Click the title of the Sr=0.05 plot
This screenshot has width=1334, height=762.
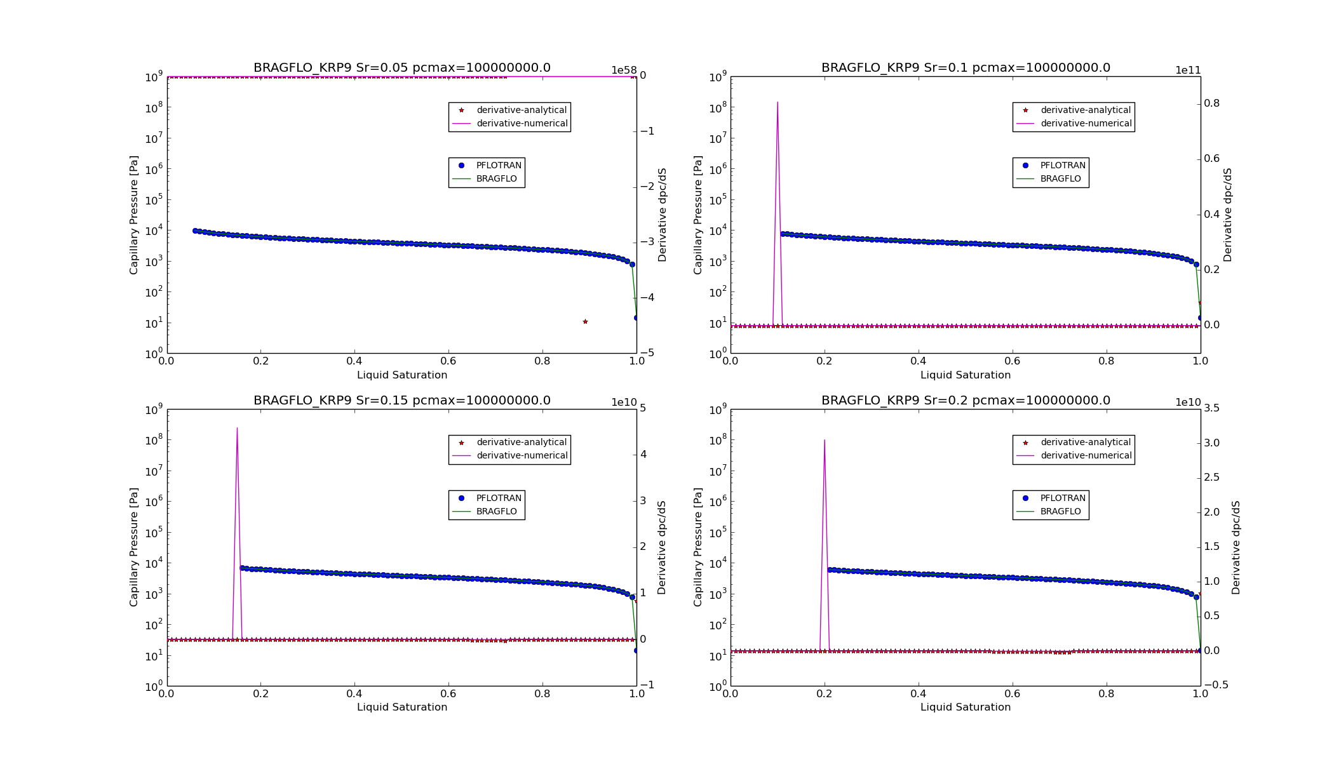(401, 68)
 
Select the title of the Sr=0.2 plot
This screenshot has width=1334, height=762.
(966, 401)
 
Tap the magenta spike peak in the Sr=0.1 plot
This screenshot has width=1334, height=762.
(778, 102)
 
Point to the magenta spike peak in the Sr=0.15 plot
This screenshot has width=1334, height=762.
(237, 428)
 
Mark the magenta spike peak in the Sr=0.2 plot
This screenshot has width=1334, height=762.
(825, 440)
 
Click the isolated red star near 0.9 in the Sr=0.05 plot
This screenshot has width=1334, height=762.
(585, 322)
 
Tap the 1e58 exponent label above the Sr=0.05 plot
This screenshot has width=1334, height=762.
(624, 70)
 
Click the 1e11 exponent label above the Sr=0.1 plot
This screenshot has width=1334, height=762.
(1188, 70)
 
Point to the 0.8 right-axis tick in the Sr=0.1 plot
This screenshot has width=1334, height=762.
(1211, 104)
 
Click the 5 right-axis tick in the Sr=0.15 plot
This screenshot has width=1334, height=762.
(643, 408)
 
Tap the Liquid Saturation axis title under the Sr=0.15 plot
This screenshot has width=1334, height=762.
(401, 707)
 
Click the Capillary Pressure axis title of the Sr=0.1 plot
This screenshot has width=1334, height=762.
(698, 215)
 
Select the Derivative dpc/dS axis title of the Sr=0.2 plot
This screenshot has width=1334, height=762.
(1236, 547)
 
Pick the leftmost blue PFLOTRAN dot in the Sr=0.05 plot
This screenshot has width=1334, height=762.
(195, 231)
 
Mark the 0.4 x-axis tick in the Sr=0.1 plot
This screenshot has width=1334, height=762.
(918, 361)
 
